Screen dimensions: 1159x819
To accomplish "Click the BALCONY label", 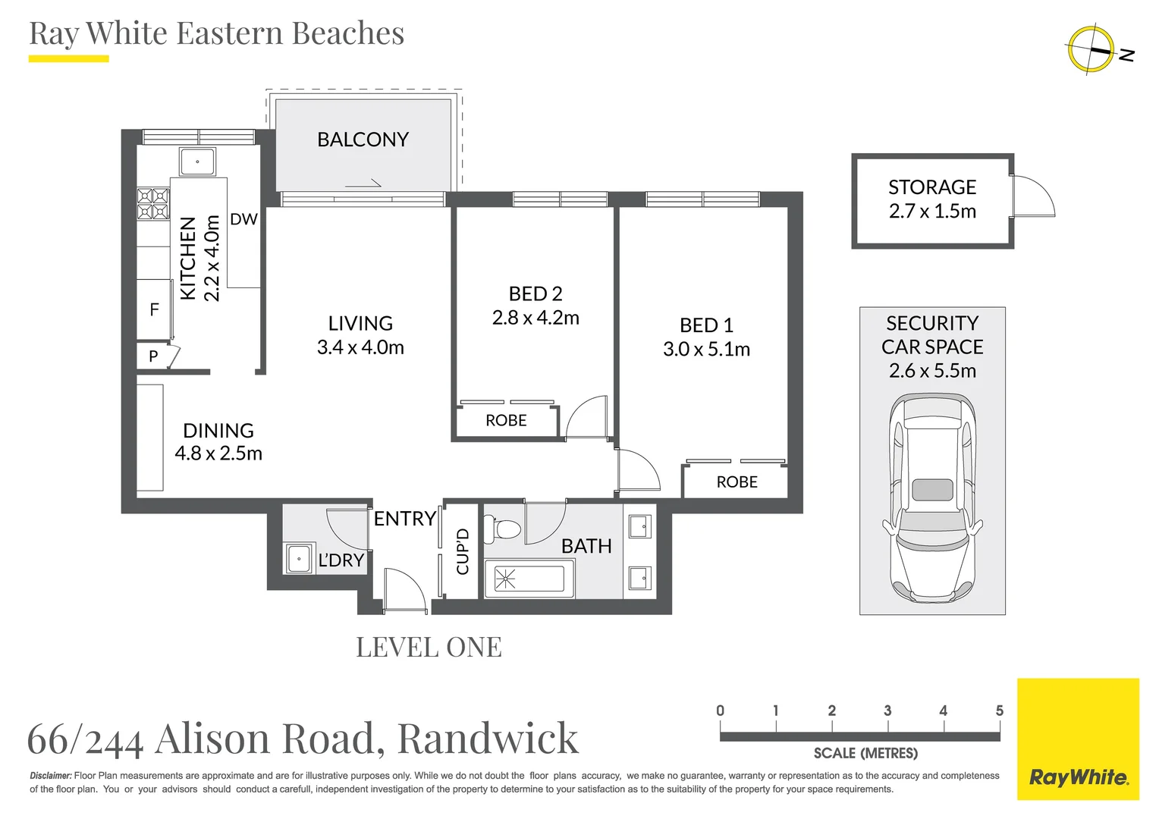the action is click(363, 140).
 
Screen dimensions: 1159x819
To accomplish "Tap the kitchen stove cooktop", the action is click(153, 203).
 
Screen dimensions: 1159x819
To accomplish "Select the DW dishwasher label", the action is click(243, 219).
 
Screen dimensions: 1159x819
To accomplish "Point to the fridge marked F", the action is click(154, 310).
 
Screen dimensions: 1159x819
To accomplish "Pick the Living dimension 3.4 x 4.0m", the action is click(360, 347).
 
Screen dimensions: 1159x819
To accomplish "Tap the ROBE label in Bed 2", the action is click(506, 420).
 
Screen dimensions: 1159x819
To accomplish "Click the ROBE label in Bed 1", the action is click(737, 482).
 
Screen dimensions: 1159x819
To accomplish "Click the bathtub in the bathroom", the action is click(529, 579).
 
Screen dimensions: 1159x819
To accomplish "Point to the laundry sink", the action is click(299, 558).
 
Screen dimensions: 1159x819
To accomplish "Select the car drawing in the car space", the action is click(932, 499).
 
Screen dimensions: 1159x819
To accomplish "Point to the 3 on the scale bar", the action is click(887, 711).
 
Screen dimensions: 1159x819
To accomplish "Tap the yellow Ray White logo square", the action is click(1079, 739).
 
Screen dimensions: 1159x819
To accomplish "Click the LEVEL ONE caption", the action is click(429, 647).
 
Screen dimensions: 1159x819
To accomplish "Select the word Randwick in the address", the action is click(488, 739).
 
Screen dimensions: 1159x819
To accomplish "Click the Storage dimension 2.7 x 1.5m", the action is click(932, 211).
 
